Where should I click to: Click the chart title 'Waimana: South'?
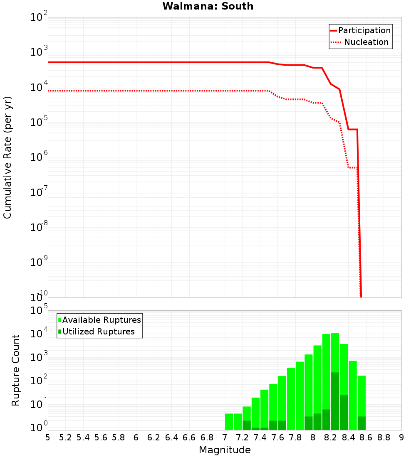tap(208, 6)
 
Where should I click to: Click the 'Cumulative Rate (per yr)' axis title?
tap(7, 157)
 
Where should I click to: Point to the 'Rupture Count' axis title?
tap(16, 370)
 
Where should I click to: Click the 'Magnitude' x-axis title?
tap(225, 450)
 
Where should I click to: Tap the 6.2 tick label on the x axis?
tap(154, 437)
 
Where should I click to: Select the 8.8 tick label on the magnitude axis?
tap(384, 437)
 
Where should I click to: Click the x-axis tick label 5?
tap(48, 437)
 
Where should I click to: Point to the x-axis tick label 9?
tap(401, 437)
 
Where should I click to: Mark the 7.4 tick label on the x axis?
tap(260, 437)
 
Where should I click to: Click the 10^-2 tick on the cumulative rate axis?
tap(40, 17)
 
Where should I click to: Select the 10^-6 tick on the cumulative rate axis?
tap(40, 157)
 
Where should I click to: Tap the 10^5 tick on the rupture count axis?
tap(40, 311)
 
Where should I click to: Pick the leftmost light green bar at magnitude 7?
tap(229, 422)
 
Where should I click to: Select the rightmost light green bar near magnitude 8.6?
tap(362, 403)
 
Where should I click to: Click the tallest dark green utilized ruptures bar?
tap(335, 401)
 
